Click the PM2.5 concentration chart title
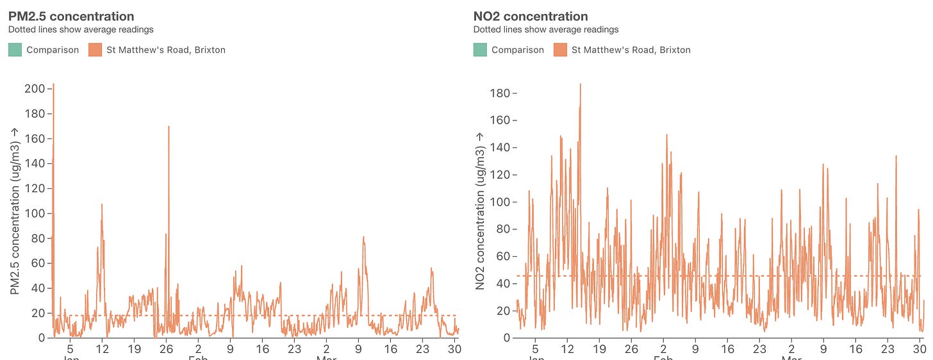[x=71, y=17]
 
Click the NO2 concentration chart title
[x=530, y=17]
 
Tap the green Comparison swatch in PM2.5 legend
[x=15, y=49]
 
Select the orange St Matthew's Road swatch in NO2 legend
[x=561, y=49]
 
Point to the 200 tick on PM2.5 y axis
[x=33, y=88]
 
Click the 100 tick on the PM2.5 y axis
[x=33, y=213]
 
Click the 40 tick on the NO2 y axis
[x=502, y=284]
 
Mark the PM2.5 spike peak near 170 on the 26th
[x=169, y=126]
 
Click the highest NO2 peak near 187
[x=580, y=84]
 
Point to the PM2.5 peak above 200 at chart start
[x=53, y=85]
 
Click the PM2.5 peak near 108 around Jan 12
[x=101, y=204]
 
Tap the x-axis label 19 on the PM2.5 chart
[x=134, y=349]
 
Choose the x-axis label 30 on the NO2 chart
[x=919, y=349]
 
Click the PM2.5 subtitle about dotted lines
[x=81, y=29]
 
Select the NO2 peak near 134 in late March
[x=896, y=156]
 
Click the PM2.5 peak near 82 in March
[x=363, y=237]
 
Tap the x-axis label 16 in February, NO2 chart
[x=727, y=349]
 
